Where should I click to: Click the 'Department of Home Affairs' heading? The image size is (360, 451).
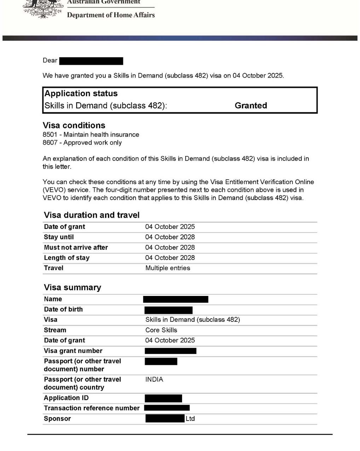(111, 15)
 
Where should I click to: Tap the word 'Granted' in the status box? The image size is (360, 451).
(251, 105)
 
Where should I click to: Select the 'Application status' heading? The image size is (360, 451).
(81, 93)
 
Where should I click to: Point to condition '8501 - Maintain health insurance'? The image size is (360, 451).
(91, 135)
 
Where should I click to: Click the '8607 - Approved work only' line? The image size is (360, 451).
(82, 143)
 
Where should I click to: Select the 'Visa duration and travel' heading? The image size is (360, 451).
(92, 215)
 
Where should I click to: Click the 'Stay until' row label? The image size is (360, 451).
(59, 237)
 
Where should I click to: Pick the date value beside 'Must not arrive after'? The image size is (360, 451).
(170, 247)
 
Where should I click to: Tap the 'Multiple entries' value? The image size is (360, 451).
(168, 268)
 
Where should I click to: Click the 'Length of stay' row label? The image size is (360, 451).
(66, 258)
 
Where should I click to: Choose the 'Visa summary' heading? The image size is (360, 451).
(72, 287)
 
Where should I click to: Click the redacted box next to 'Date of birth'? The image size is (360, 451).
(168, 310)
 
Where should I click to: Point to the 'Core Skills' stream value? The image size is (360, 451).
(161, 330)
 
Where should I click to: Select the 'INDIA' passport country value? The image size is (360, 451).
(154, 379)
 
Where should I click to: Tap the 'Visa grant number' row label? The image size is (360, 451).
(73, 351)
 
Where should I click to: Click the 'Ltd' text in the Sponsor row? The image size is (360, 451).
(190, 418)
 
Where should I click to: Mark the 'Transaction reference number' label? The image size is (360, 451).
(92, 408)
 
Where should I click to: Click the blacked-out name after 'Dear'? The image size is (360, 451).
(91, 61)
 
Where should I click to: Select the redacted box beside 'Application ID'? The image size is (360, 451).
(163, 398)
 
